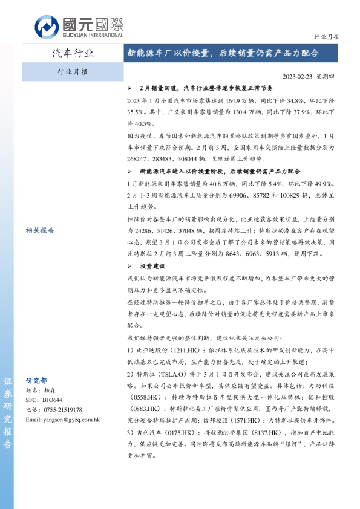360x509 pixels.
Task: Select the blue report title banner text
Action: point(223,53)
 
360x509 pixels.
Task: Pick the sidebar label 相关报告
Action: point(40,230)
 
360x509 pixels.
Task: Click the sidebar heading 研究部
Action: point(36,380)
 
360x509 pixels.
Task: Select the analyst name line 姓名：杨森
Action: point(42,391)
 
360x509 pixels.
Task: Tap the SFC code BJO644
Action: point(52,400)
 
